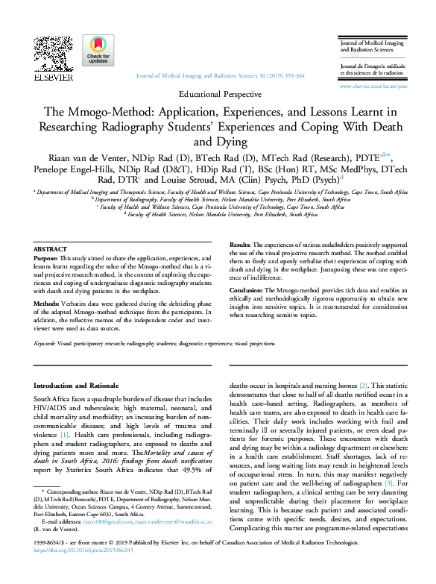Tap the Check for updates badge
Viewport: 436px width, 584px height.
pos(98,51)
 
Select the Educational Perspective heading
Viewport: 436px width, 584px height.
pos(221,95)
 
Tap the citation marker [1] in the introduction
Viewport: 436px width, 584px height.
pos(65,435)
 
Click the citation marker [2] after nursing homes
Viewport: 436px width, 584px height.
pos(363,385)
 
